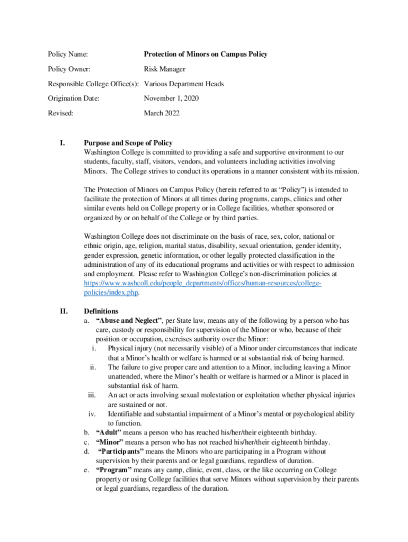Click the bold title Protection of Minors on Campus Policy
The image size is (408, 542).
[x=206, y=54]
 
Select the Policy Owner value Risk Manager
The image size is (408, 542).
[x=165, y=69]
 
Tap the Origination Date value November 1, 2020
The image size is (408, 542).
[x=172, y=98]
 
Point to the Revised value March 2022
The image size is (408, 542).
[x=162, y=113]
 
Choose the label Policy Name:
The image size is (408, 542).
[x=68, y=54]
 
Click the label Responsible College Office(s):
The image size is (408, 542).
[x=94, y=84]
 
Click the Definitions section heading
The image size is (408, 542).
[x=101, y=311]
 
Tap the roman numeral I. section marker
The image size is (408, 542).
[x=62, y=143]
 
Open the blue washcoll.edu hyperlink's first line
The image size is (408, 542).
[x=203, y=284]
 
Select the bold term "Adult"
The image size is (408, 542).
[x=112, y=432]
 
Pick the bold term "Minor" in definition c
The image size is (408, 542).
[x=110, y=442]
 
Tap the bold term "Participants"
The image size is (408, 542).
[x=121, y=451]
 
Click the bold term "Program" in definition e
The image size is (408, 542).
[x=114, y=470]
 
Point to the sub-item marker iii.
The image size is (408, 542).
[x=91, y=395]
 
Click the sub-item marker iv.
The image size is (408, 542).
[x=91, y=414]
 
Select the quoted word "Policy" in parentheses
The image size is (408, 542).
[x=286, y=189]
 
